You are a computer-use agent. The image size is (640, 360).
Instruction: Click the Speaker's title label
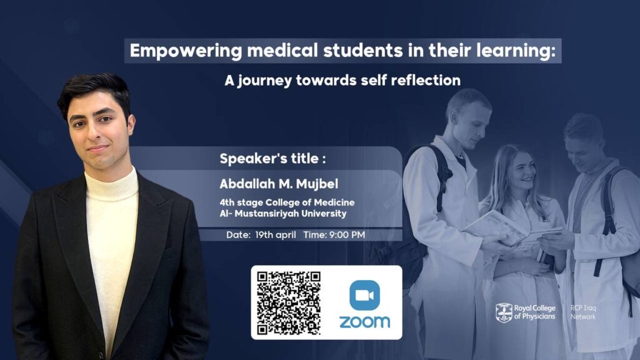tap(272, 159)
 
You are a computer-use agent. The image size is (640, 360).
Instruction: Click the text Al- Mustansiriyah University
tap(282, 214)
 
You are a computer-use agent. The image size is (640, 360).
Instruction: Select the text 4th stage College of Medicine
tap(287, 202)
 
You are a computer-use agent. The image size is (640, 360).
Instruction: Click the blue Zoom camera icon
tap(364, 296)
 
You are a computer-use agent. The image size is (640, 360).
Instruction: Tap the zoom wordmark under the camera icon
tap(364, 322)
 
